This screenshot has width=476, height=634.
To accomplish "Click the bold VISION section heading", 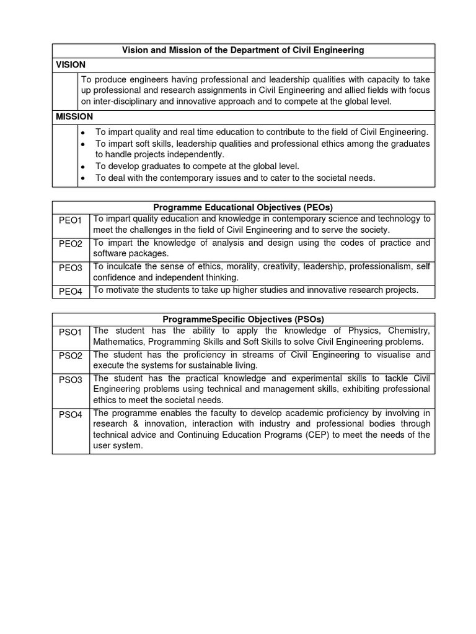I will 71,65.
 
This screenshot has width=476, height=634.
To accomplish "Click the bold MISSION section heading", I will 74,116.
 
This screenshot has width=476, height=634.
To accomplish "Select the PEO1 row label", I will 71,221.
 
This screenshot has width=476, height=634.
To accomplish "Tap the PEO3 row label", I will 71,268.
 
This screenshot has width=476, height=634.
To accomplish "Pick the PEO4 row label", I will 71,291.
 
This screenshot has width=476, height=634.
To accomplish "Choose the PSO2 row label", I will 71,356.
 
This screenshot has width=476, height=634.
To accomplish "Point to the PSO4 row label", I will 71,415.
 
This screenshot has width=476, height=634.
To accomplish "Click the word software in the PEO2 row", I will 110,253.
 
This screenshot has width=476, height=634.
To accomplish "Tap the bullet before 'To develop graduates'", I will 82,167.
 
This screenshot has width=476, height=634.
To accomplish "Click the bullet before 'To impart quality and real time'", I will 82,133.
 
